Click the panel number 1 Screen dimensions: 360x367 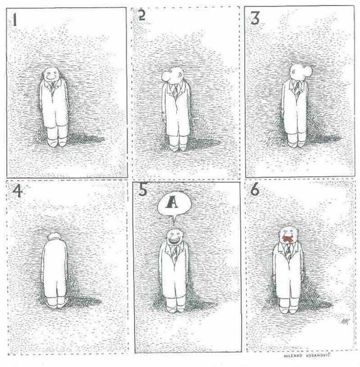(x=14, y=20)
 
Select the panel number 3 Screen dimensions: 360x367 (x=255, y=19)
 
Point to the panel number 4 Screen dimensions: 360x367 (x=17, y=191)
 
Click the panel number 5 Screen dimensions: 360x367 (x=143, y=190)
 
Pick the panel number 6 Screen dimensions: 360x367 (x=255, y=189)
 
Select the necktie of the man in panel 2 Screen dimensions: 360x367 (x=175, y=90)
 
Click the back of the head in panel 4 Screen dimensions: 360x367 (x=54, y=236)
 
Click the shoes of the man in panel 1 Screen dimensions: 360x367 (x=57, y=142)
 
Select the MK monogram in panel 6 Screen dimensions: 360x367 (x=345, y=322)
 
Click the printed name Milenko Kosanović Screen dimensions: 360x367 (x=308, y=355)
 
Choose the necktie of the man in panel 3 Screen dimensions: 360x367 (x=297, y=89)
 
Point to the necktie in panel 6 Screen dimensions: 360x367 (x=288, y=250)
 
